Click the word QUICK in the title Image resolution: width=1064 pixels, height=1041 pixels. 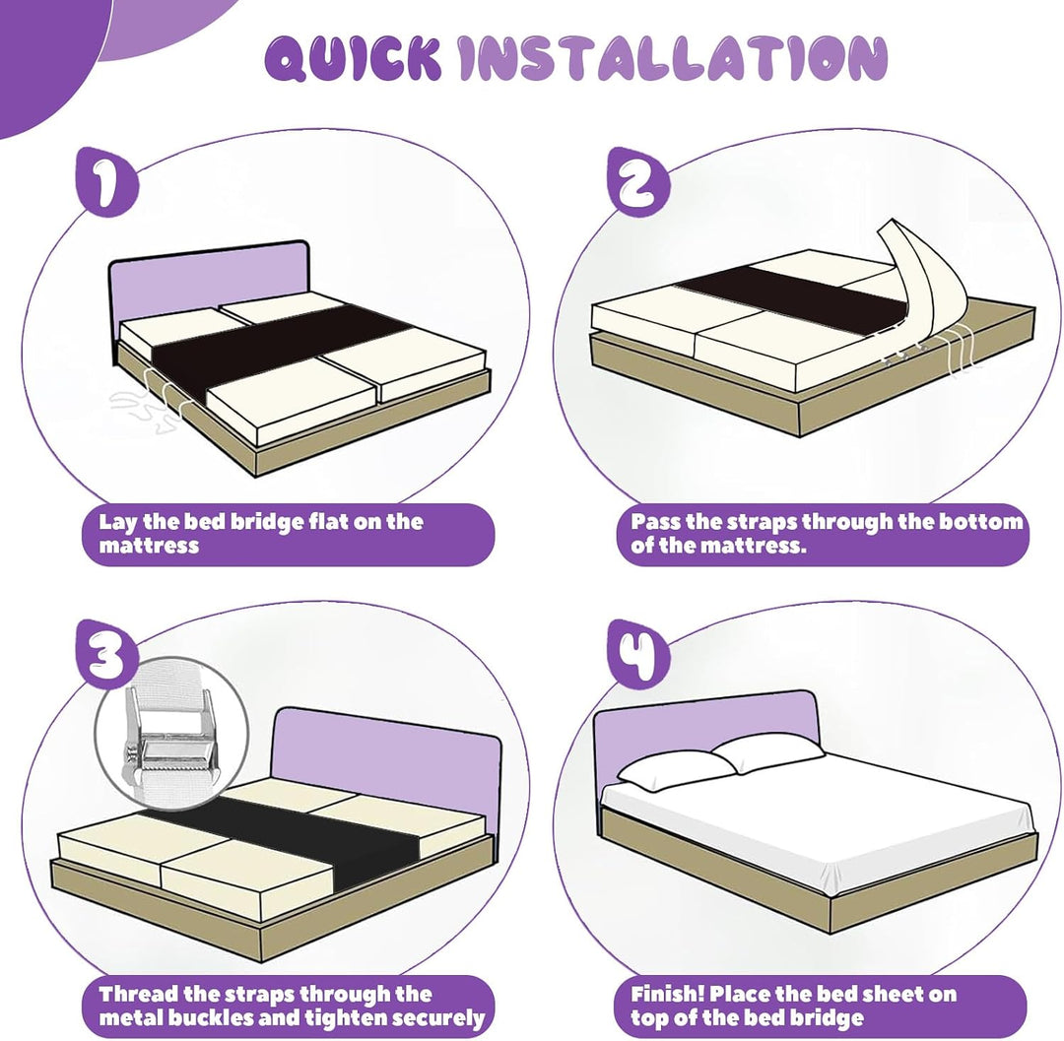pos(352,59)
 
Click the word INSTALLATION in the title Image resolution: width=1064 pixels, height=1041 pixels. pos(673,58)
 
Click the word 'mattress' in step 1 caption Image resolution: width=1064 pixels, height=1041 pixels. pos(149,546)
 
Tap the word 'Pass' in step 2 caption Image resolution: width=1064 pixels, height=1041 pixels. pos(655,522)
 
